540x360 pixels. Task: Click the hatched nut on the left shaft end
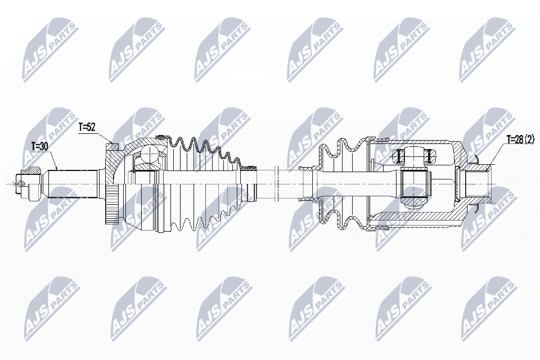pos(31,171)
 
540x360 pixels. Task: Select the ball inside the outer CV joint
pos(151,154)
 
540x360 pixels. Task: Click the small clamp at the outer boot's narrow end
pos(248,168)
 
